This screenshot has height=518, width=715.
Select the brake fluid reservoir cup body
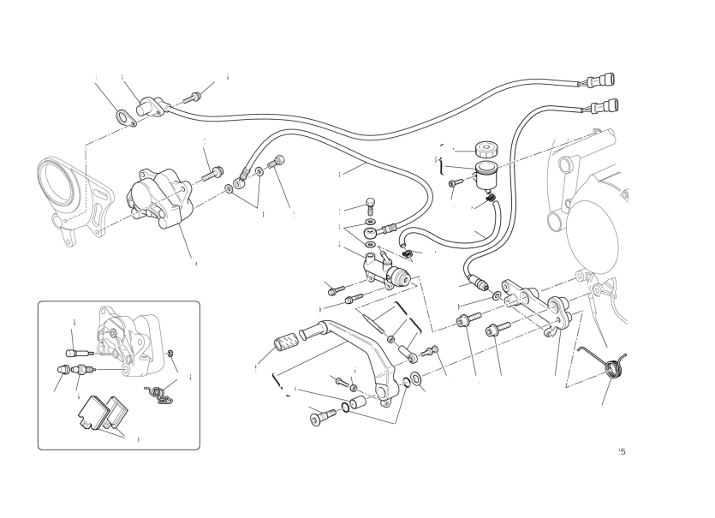click(487, 176)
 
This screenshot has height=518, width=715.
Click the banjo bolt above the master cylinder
click(370, 205)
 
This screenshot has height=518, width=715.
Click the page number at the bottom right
click(620, 451)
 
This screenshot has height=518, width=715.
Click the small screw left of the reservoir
click(457, 182)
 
